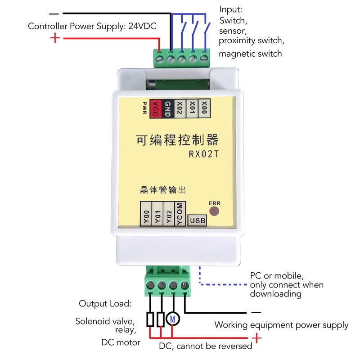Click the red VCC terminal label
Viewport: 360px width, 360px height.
(156, 109)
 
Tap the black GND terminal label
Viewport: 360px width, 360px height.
(167, 109)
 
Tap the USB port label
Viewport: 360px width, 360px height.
(198, 220)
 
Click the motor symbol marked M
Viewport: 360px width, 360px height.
(173, 319)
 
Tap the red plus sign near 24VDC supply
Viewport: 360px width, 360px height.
(55, 38)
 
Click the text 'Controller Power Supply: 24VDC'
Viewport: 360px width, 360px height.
(92, 26)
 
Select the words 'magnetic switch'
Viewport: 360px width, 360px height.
(250, 54)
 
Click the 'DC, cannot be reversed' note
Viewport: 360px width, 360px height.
(206, 346)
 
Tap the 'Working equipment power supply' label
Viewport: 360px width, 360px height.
(281, 325)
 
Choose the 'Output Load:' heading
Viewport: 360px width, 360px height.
(105, 304)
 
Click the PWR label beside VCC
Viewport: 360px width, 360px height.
(144, 109)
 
